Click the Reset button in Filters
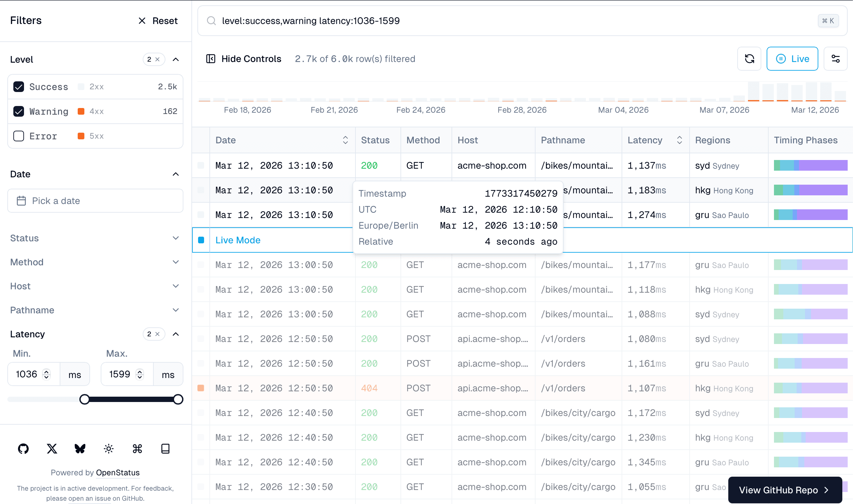(158, 21)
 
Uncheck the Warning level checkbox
(19, 111)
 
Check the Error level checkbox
(19, 136)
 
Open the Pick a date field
(95, 201)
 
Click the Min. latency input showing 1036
(27, 374)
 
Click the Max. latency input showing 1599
(120, 374)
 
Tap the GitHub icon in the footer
(23, 449)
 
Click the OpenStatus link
(117, 472)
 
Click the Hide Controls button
(244, 59)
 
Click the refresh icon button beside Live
(749, 59)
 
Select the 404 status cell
(369, 388)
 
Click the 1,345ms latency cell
(647, 462)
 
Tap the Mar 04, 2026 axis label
(623, 110)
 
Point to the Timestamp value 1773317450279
(521, 194)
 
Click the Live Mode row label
(238, 240)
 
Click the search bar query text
(310, 21)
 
